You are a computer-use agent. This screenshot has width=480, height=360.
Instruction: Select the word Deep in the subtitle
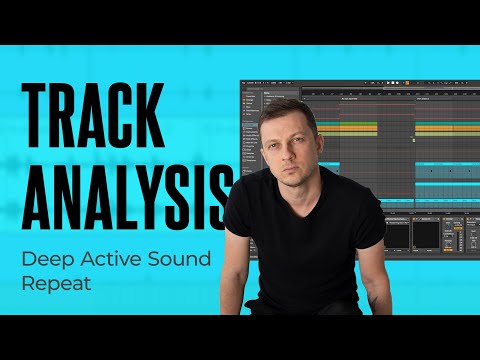point(46,260)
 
